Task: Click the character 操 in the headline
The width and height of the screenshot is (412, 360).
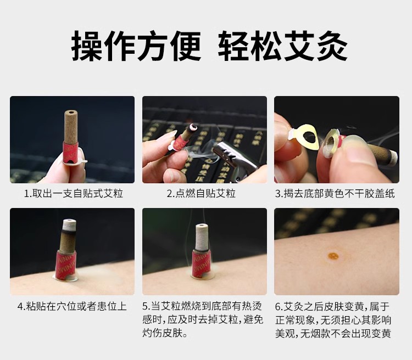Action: coord(87,46)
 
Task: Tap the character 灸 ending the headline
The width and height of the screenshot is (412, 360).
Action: coord(332,46)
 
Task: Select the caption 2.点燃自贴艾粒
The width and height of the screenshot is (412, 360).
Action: coord(201,194)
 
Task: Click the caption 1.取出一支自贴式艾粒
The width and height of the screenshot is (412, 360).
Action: coord(74,194)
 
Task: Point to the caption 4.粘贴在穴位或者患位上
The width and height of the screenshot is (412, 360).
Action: coord(72,306)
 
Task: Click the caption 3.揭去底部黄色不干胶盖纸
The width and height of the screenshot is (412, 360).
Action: coord(335,194)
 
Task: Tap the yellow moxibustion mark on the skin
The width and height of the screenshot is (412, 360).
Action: coord(333,256)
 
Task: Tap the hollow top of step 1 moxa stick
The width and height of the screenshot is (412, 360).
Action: coord(71,113)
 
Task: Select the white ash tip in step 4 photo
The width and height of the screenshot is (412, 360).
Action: coord(69,224)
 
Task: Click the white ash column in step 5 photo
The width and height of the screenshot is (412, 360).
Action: coord(202,237)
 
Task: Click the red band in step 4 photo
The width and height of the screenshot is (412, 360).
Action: coord(66,265)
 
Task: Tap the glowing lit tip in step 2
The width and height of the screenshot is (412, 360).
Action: coord(194,127)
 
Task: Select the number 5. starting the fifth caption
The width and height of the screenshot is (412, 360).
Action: coord(147,306)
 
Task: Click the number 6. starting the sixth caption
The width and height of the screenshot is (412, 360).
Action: coord(279,306)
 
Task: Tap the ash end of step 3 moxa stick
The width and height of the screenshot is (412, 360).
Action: coord(392,157)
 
